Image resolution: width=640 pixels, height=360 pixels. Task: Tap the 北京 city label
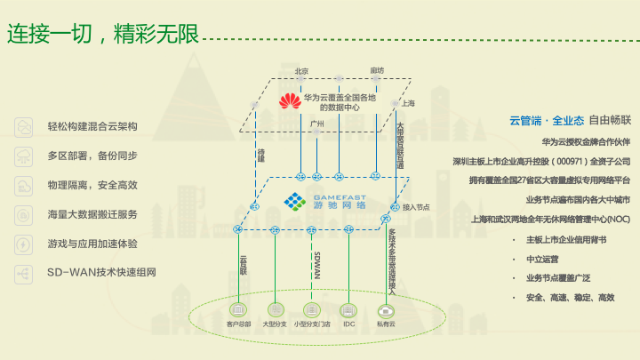point(301,70)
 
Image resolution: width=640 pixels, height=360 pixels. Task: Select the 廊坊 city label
point(377,70)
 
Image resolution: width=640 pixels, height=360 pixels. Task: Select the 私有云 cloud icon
point(386,310)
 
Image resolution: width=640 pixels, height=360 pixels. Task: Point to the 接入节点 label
point(416,207)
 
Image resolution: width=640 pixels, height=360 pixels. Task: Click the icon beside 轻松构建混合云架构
point(23,126)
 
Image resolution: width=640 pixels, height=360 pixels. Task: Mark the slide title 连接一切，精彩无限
point(101,36)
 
